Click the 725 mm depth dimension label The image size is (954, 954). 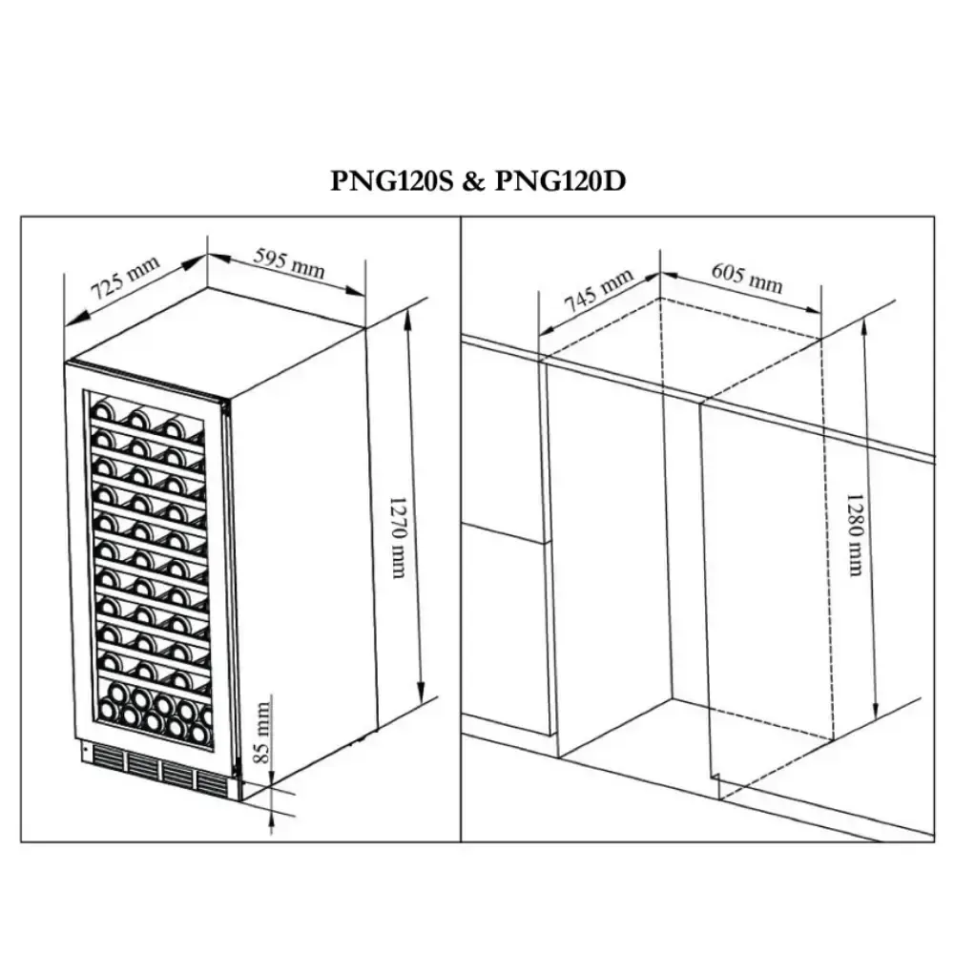click(x=125, y=278)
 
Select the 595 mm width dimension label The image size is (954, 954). click(x=289, y=263)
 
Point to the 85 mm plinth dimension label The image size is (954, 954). click(x=261, y=732)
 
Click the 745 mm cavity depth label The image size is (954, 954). click(x=599, y=290)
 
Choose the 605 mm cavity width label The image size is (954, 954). click(x=747, y=278)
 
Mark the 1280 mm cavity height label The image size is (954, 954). click(x=855, y=534)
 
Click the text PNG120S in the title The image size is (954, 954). click(x=392, y=180)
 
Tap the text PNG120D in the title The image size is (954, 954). click(x=560, y=180)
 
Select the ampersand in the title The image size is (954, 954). click(x=474, y=181)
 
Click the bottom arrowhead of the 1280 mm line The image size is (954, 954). click(x=875, y=708)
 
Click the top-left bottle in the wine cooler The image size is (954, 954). click(x=102, y=409)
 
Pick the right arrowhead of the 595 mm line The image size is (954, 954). click(x=355, y=290)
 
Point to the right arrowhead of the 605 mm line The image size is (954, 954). click(x=812, y=308)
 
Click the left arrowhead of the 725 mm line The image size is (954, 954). click(x=75, y=319)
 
